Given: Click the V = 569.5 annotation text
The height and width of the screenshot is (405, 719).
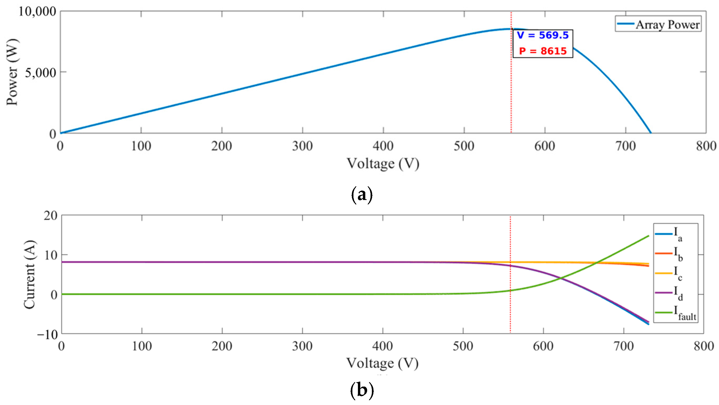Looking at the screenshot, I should (542, 36).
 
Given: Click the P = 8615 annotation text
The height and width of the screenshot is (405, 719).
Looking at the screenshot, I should (543, 51).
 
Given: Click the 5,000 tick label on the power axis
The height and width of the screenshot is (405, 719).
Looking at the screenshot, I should (41, 73).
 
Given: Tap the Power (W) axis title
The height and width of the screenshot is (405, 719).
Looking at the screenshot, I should (12, 72).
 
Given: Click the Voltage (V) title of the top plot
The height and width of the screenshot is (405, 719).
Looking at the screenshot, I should (383, 163).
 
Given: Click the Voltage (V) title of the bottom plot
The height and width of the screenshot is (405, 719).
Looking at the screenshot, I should (382, 363).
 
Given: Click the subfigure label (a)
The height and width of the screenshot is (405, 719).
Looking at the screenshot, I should (361, 195).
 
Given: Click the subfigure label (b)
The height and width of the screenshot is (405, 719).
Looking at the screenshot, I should (361, 390).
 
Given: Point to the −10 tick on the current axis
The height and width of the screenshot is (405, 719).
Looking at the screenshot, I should (47, 334).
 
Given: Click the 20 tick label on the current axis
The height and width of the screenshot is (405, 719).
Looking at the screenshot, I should (51, 215).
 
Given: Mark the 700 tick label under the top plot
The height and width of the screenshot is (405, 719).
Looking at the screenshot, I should (626, 146).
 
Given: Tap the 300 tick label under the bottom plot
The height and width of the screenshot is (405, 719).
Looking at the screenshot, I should (302, 346).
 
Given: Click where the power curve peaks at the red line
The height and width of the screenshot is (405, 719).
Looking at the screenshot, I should (511, 29).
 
